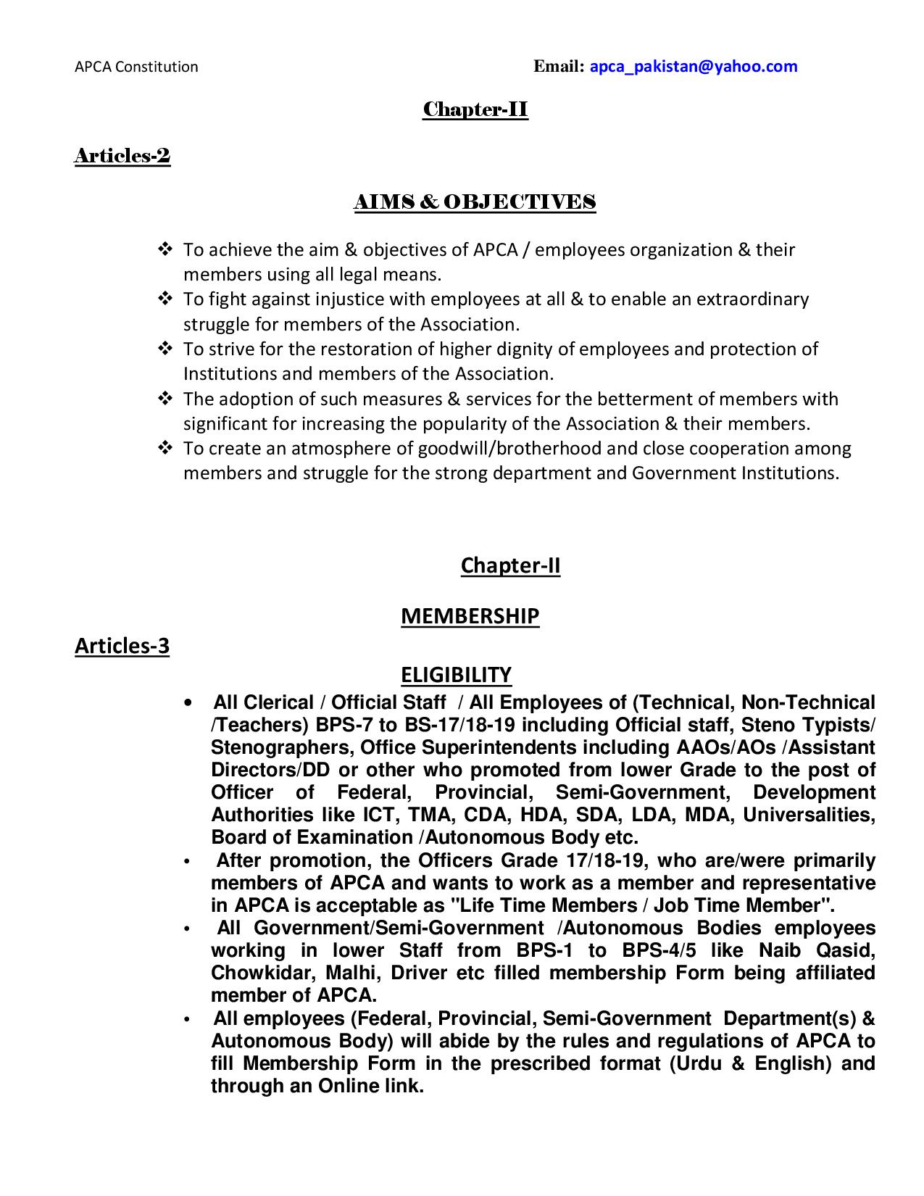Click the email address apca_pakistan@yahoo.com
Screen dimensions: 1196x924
694,67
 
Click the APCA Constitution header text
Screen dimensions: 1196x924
136,67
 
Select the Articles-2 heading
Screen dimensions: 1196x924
122,156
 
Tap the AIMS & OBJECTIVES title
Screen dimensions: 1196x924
475,202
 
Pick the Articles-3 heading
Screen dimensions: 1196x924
122,646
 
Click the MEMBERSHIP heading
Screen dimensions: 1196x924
470,616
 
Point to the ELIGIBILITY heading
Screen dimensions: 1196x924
456,675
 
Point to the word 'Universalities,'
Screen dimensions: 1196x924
809,815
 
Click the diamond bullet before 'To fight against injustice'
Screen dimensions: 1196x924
165,299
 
